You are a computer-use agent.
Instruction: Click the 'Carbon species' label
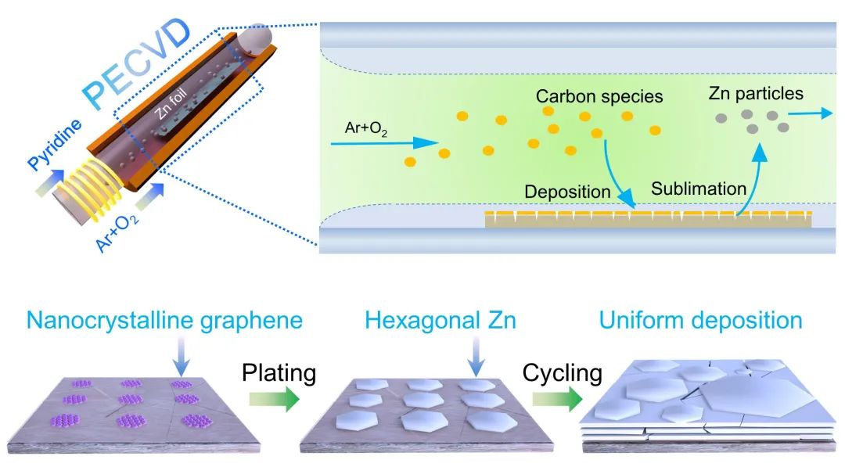(599, 97)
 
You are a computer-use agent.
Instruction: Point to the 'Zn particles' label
(756, 94)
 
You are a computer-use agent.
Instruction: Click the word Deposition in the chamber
(567, 192)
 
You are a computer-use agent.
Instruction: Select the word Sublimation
(699, 189)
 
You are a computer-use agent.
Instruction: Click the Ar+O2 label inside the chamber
(366, 128)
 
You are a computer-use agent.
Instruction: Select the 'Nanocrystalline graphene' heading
(164, 321)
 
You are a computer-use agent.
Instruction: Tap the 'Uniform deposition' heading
(700, 321)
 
